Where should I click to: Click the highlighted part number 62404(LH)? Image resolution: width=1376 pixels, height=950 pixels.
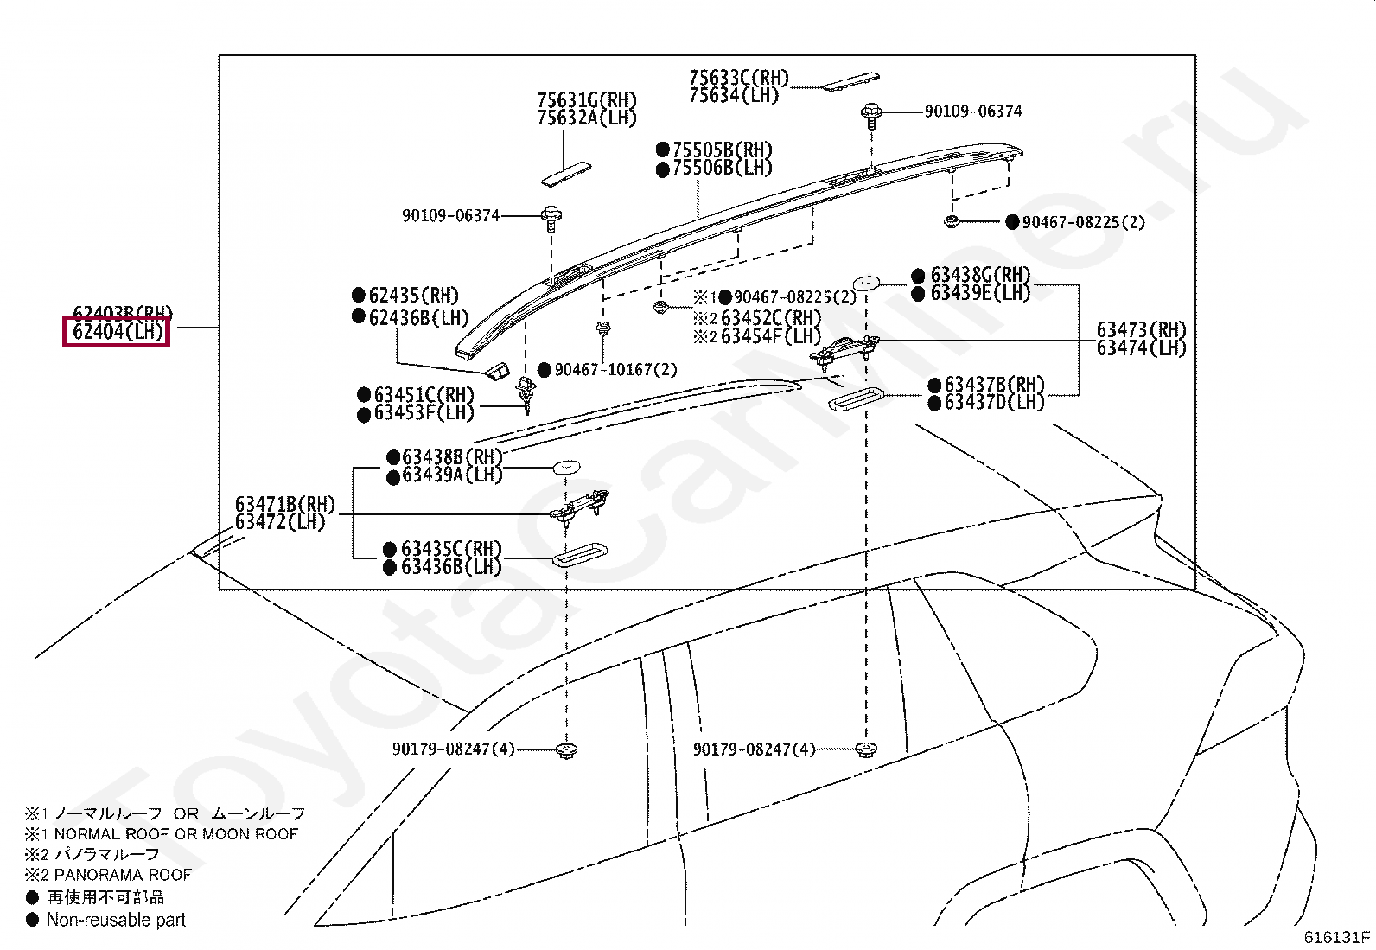coord(118,331)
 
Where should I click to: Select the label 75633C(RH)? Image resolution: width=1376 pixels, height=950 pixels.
coord(739,78)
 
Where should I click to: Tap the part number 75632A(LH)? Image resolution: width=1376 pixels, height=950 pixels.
coord(586,118)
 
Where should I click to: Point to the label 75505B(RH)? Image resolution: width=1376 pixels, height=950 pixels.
coord(722,150)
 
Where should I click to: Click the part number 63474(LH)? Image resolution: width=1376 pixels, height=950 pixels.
coord(1141,348)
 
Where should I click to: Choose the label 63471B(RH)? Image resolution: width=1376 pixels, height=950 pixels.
coord(284,504)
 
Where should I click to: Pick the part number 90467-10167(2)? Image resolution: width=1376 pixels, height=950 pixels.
coord(615,370)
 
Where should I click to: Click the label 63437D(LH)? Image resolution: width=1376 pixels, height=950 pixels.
coord(994,403)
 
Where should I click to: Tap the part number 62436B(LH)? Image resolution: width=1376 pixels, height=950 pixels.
coord(418,317)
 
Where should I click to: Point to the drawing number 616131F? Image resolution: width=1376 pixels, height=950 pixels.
coord(1336,936)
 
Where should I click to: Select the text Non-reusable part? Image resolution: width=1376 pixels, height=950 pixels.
coord(116,921)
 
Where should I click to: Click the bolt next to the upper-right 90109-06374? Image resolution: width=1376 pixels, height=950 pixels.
coord(870,113)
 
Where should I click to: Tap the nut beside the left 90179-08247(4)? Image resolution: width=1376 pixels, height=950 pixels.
coord(566,749)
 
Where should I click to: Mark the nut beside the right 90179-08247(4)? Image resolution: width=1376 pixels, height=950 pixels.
coord(864,749)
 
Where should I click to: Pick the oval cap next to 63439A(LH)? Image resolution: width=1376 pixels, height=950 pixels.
coord(566,467)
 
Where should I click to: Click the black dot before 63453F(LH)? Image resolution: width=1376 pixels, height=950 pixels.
coord(364,414)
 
